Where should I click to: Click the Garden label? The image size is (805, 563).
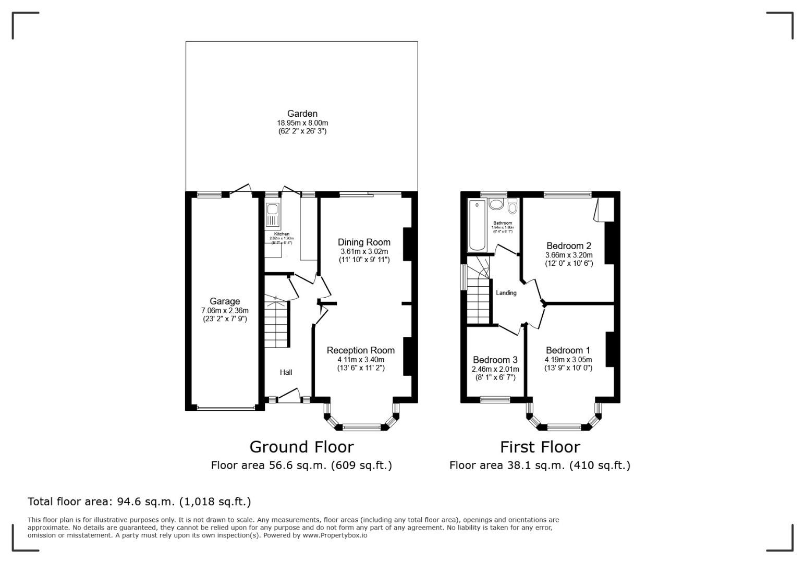click(x=302, y=114)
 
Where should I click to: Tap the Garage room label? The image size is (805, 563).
click(x=225, y=301)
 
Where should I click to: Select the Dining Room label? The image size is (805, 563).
click(x=364, y=242)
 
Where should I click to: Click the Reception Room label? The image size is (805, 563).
click(x=360, y=350)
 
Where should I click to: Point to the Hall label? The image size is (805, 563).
click(x=286, y=372)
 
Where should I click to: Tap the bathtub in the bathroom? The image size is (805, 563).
click(x=477, y=225)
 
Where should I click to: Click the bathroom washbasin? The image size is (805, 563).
click(x=496, y=204)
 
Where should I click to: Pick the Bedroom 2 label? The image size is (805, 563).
click(x=568, y=246)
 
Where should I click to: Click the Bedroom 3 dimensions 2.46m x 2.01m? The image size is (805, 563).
click(x=495, y=369)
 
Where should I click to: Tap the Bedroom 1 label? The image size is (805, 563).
click(x=568, y=350)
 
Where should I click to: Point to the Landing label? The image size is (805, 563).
click(x=506, y=293)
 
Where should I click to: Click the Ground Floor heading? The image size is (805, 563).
click(x=301, y=447)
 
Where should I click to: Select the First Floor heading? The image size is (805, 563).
click(x=540, y=447)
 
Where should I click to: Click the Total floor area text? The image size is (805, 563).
click(x=139, y=501)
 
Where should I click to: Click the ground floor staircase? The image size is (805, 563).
click(x=276, y=323)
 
